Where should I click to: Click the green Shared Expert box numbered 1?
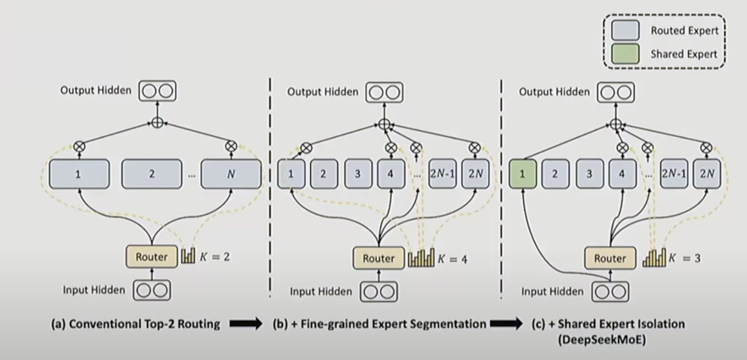(523, 174)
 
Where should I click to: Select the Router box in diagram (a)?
(151, 257)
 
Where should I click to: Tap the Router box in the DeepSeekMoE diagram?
(610, 258)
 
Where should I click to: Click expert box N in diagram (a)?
(231, 174)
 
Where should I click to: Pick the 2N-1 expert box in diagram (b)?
(442, 174)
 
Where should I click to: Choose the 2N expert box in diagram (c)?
(707, 174)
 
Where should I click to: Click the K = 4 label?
(452, 259)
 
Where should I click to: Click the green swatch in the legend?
(625, 54)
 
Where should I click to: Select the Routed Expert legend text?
(684, 30)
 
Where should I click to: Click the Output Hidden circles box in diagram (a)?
(157, 91)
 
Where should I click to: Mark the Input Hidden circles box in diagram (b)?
(379, 292)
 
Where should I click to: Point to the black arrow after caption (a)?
(246, 324)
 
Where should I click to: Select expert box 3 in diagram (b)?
(357, 174)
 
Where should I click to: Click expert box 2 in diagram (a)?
(151, 174)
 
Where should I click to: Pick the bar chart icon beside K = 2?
(188, 256)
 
